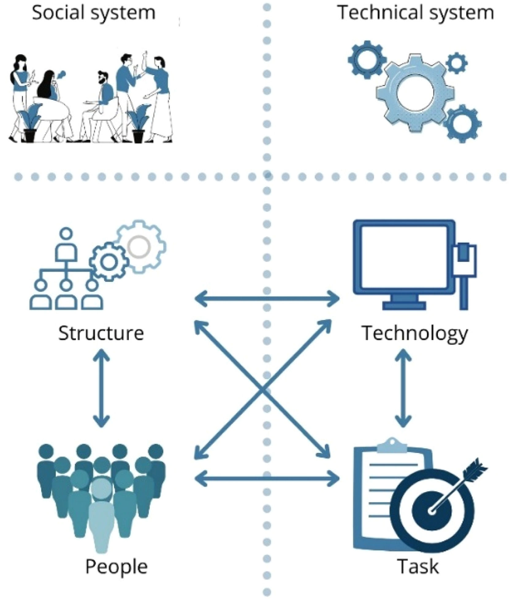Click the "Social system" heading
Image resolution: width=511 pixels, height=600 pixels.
[x=94, y=13]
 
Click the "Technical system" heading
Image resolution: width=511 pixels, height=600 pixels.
[x=416, y=13]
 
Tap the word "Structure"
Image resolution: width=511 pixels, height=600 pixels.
[x=101, y=333]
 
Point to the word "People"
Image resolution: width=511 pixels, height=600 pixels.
[x=116, y=567]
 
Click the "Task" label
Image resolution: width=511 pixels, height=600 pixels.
[x=418, y=567]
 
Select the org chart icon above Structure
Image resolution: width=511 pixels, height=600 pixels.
[x=66, y=270]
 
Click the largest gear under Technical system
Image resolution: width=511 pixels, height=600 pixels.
[x=415, y=92]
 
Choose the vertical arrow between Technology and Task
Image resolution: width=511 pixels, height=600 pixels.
[x=403, y=388]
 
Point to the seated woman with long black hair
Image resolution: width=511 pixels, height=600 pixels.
[x=49, y=87]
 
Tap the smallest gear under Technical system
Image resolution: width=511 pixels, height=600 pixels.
[x=456, y=63]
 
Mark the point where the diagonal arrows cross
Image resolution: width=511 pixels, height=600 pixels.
[x=262, y=389]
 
